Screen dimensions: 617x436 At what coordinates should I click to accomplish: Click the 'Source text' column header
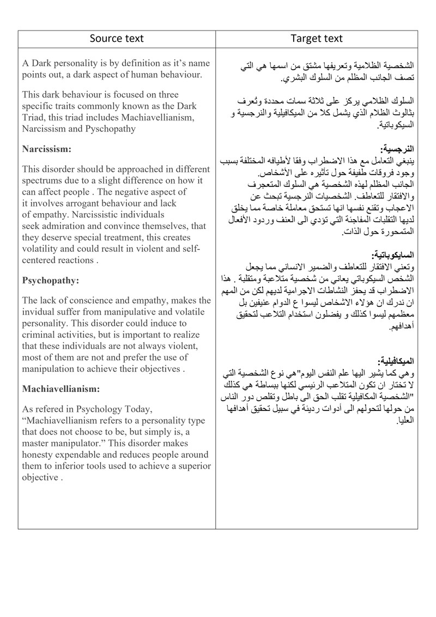(117, 38)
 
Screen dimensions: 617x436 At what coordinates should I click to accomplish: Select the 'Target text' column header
(317, 38)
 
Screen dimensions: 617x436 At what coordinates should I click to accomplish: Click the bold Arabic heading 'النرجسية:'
(399, 149)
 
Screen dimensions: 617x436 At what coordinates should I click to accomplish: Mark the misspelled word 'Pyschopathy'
(111, 129)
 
